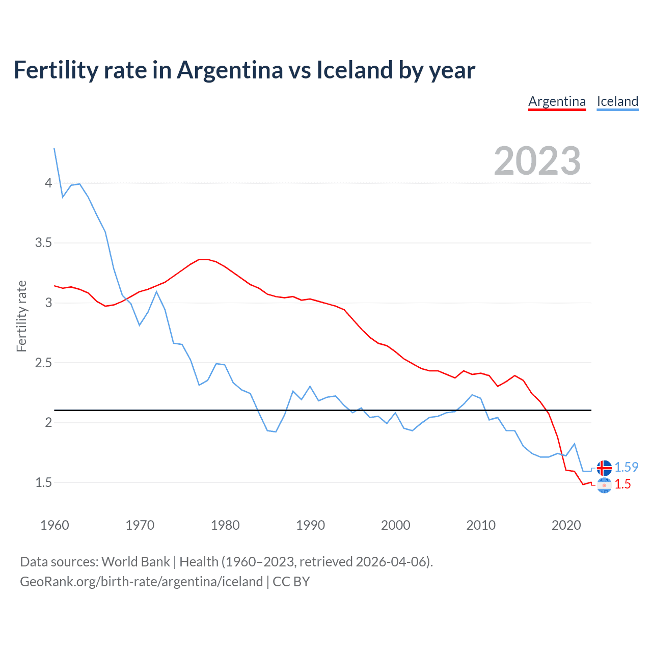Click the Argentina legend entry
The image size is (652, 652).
[557, 101]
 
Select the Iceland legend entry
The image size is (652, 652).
[617, 101]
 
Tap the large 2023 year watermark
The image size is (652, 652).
[537, 161]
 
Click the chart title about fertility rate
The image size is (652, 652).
[244, 70]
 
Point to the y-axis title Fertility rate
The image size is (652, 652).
[21, 316]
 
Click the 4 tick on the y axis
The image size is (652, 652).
[48, 183]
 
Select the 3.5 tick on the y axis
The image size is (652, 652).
[43, 243]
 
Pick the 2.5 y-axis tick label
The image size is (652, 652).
[43, 363]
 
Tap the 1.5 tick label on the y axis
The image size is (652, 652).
[43, 482]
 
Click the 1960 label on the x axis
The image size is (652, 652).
[55, 525]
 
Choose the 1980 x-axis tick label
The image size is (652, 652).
[225, 525]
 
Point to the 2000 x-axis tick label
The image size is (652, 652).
[395, 525]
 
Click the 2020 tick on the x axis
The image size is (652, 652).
[566, 525]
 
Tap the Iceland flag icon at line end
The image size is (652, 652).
[604, 467]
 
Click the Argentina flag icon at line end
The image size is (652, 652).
[604, 485]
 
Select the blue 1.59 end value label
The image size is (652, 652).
[626, 467]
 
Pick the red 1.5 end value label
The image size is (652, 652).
[622, 484]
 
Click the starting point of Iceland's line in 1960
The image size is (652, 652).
[55, 148]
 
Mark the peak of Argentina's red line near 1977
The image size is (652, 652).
[203, 259]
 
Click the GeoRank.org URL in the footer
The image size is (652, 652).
[141, 582]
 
